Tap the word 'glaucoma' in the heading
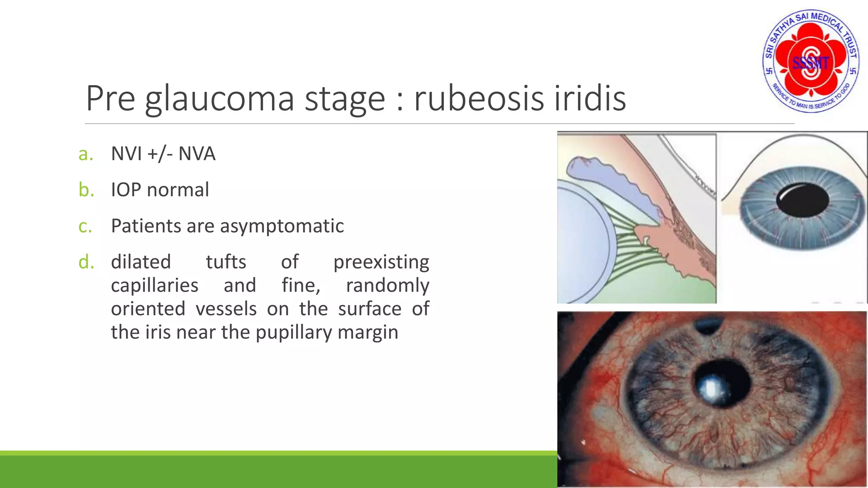pyautogui.click(x=219, y=99)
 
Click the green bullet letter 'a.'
pyautogui.click(x=86, y=154)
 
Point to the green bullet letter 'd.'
pyautogui.click(x=86, y=262)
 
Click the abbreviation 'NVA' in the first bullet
pyautogui.click(x=197, y=154)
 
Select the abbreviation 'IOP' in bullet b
pyautogui.click(x=125, y=190)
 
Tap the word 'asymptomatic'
pyautogui.click(x=286, y=226)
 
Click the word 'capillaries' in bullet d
pyautogui.click(x=154, y=286)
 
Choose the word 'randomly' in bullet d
pyautogui.click(x=387, y=286)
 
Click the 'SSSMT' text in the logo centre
pyautogui.click(x=810, y=64)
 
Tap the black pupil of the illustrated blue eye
pyautogui.click(x=802, y=200)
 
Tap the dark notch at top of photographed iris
pyautogui.click(x=708, y=326)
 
